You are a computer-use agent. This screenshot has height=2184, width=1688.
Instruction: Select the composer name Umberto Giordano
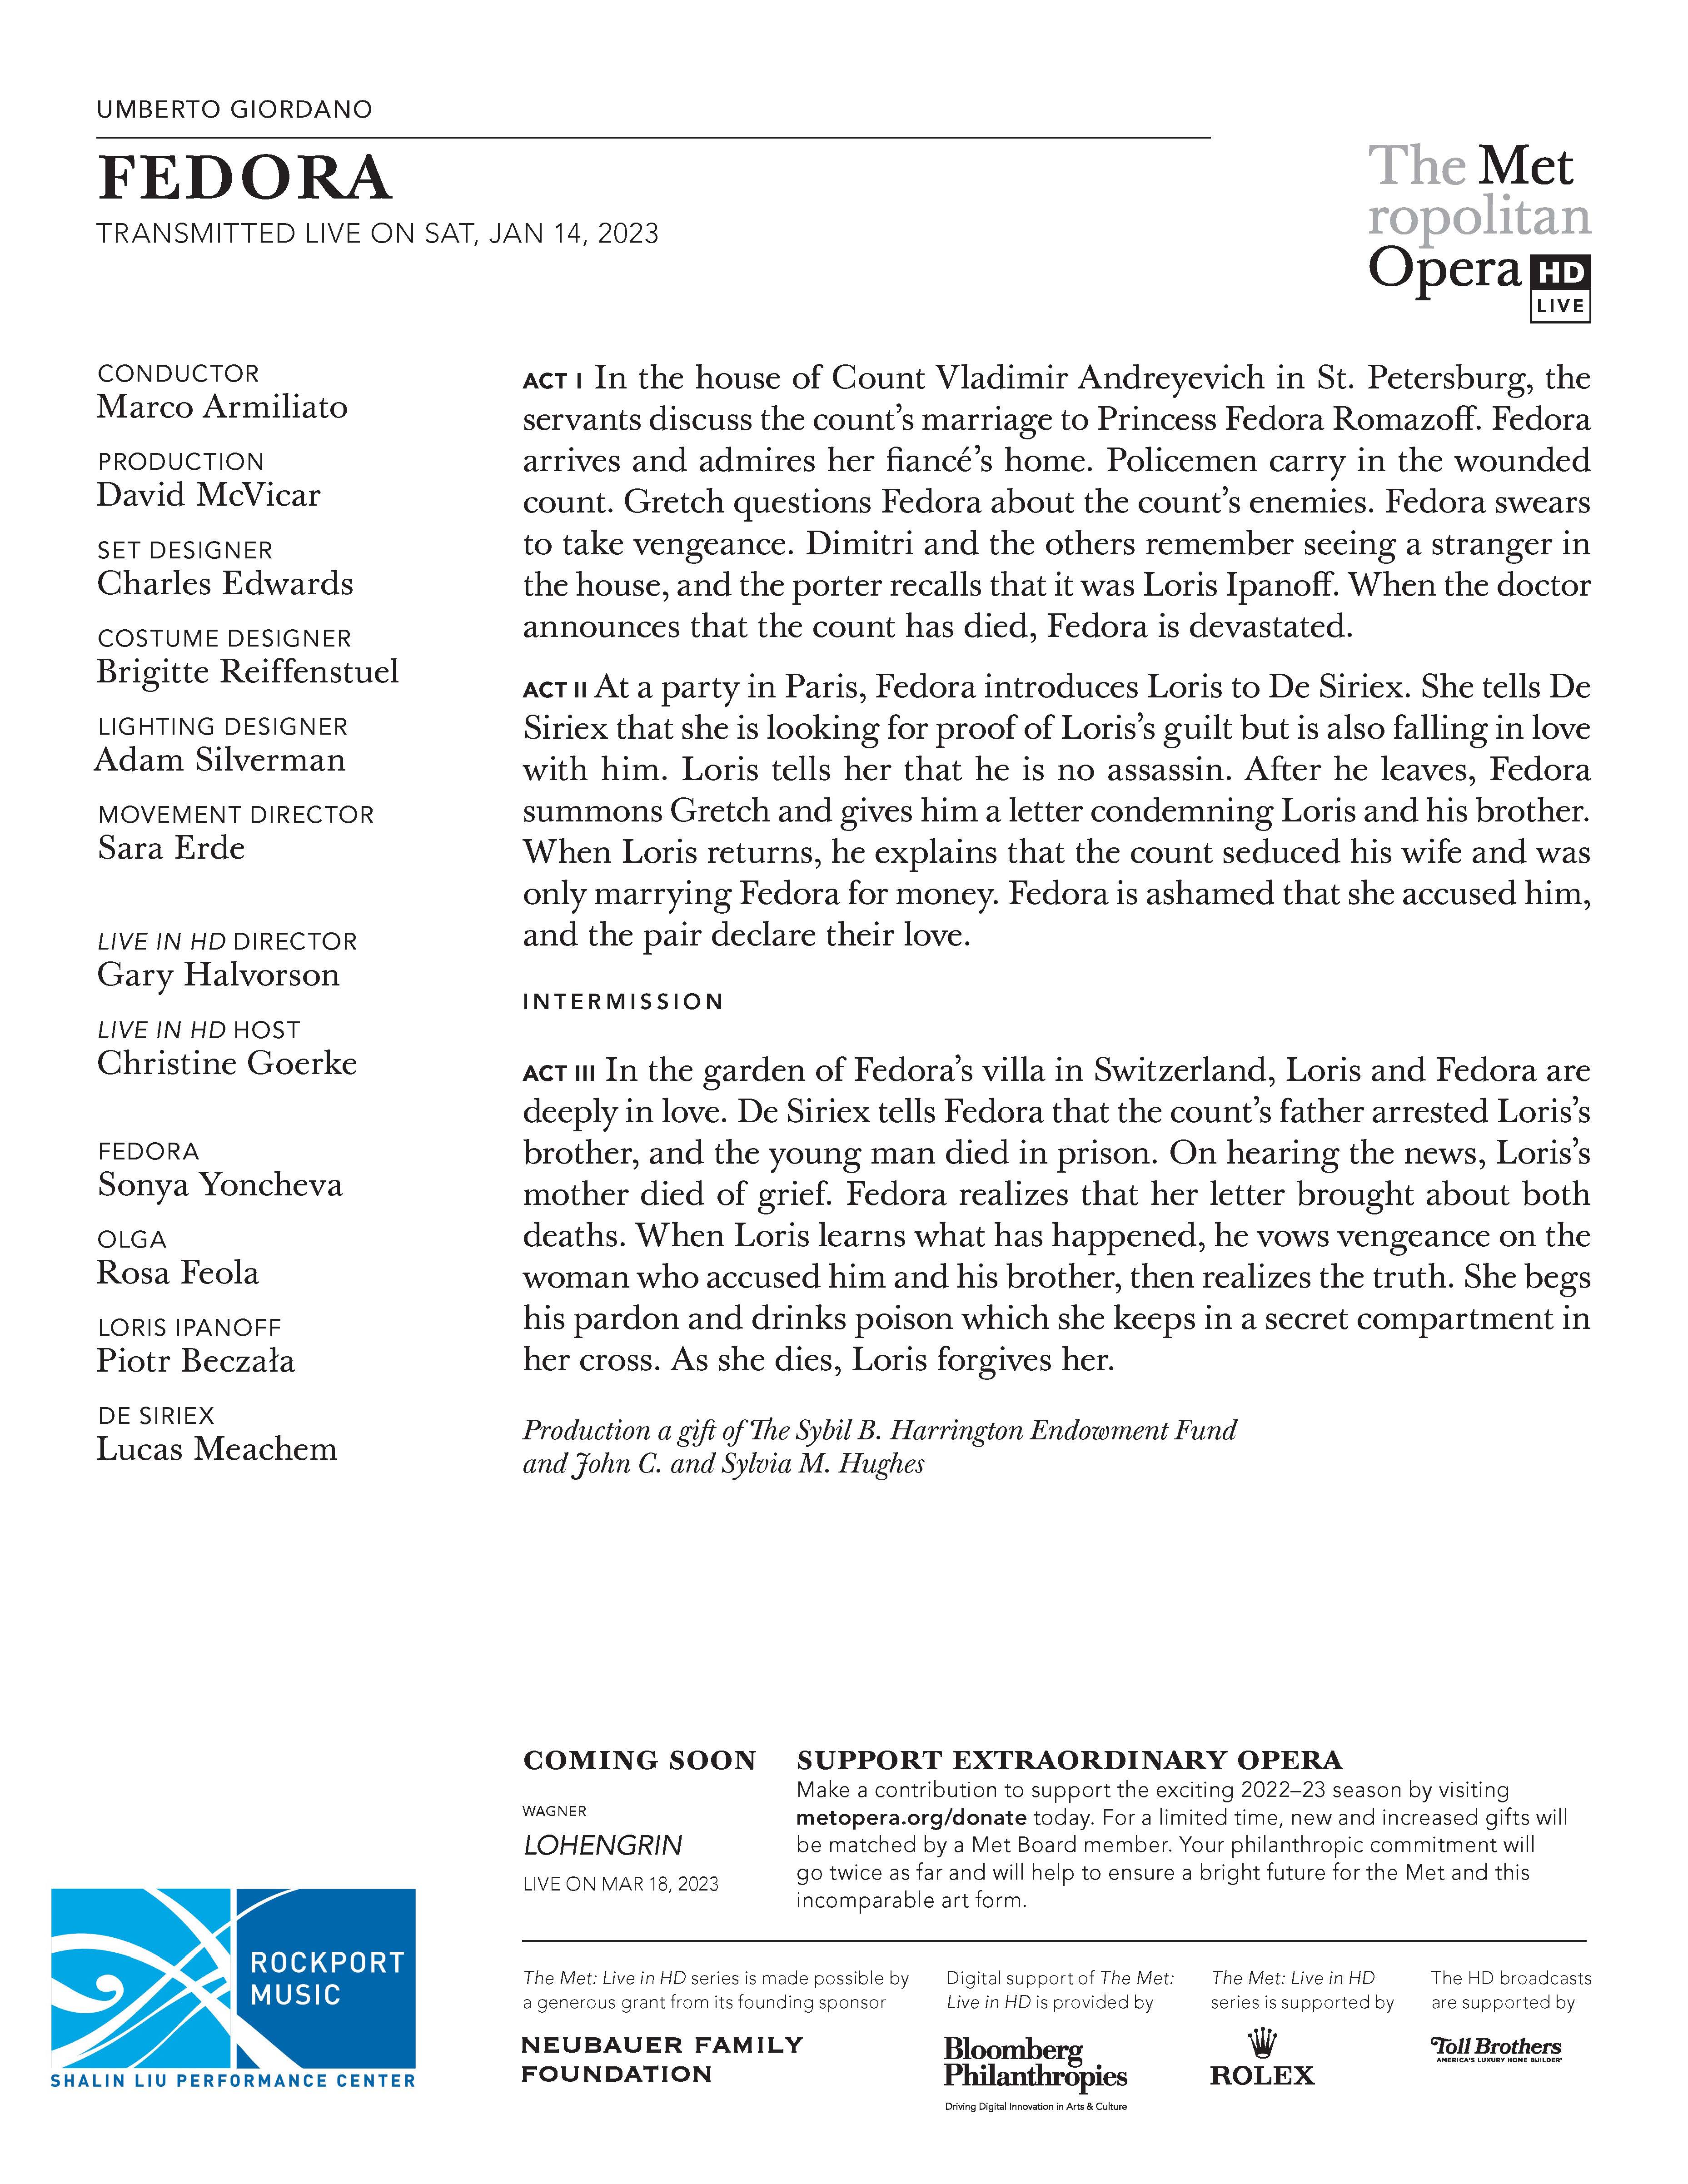pos(234,109)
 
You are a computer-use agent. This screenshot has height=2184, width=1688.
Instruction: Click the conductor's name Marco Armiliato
pos(222,407)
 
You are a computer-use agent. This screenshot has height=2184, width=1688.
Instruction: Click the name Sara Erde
pos(171,848)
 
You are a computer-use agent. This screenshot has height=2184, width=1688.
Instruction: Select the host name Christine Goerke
pos(227,1063)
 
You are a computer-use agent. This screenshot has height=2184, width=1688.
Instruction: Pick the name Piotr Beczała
pos(196,1361)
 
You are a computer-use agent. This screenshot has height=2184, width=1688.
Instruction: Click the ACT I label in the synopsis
pos(552,381)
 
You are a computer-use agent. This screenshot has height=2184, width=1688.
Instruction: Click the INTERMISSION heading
pos(622,1002)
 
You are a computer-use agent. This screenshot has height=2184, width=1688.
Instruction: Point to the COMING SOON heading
pos(639,1760)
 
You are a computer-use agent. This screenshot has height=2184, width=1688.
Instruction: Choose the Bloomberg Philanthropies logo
pos(1035,2064)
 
